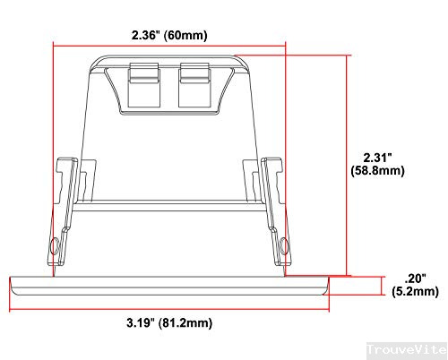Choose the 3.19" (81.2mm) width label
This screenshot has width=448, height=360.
(x=170, y=321)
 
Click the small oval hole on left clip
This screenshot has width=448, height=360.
(x=56, y=244)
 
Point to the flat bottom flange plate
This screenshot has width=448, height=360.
(x=170, y=286)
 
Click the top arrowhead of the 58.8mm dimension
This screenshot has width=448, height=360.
(x=348, y=56)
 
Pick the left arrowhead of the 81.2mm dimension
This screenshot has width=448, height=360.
(x=13, y=310)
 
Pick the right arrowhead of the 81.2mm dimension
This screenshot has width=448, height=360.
(x=327, y=310)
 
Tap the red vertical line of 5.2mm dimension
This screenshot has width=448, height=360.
(x=385, y=286)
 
